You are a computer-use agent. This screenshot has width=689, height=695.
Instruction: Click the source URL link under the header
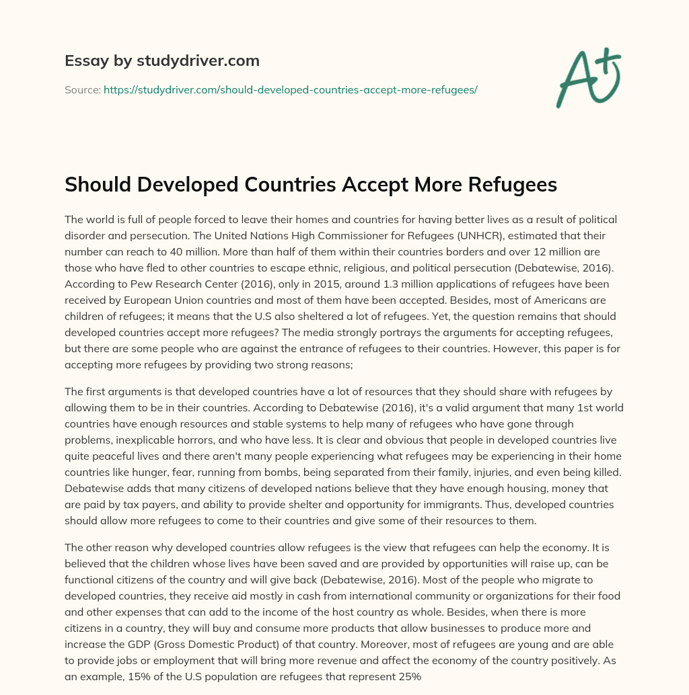[x=290, y=89]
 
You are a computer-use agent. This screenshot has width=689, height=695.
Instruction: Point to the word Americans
[x=547, y=300]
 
